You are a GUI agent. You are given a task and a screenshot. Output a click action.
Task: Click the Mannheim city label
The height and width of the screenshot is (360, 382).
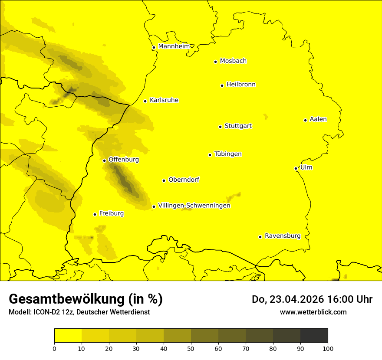[x=174, y=46]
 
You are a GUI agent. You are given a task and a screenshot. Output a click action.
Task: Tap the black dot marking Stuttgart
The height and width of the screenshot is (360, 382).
[x=220, y=127]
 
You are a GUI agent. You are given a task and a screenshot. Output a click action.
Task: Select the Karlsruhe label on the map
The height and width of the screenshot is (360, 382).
[x=164, y=100]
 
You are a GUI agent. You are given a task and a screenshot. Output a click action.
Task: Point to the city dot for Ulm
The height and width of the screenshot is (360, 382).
[x=296, y=168]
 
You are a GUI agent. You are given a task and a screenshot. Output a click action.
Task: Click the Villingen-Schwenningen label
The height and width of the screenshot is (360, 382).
[x=194, y=206]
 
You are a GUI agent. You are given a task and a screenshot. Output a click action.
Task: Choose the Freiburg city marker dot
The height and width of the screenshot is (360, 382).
[x=95, y=214]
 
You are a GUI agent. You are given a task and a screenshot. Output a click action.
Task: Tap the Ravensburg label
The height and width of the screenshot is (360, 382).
[x=282, y=236]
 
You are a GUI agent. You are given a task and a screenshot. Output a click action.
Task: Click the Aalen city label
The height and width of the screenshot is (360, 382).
[x=318, y=119]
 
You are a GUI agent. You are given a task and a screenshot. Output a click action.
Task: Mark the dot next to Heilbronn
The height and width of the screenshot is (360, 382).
[x=222, y=85]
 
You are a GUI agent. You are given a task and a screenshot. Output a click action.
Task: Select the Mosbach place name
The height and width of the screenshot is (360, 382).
[x=233, y=61]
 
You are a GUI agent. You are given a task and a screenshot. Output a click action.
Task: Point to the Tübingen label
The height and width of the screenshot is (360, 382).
[x=228, y=154]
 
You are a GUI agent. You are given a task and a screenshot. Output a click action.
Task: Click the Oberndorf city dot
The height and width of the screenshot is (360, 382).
[x=164, y=180]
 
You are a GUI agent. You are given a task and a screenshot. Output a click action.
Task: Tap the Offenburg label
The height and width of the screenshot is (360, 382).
[x=124, y=160]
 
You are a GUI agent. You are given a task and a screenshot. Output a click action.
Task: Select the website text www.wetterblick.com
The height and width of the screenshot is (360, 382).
[x=313, y=312]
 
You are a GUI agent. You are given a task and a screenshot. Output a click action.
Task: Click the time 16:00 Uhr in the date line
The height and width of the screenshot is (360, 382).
[x=346, y=299]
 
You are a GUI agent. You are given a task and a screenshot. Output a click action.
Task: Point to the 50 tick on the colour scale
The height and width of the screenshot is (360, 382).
[x=191, y=348]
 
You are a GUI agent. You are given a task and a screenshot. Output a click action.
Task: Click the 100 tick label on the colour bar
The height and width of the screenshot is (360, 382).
[x=328, y=348]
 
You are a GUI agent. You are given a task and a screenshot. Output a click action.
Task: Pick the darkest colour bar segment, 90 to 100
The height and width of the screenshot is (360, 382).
[x=314, y=335]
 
